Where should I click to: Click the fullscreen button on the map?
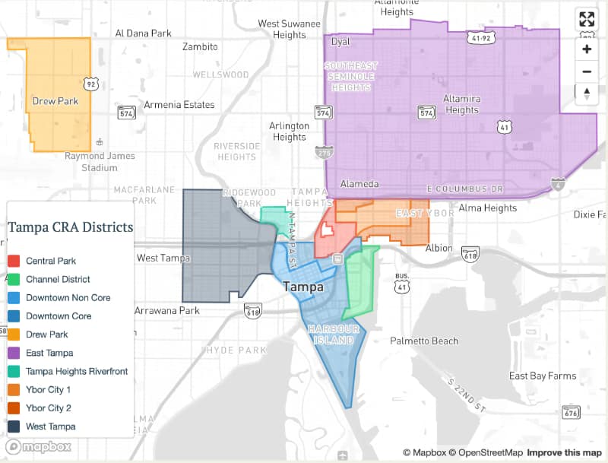(586, 20)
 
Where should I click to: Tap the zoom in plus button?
(586, 49)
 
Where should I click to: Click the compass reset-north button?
(586, 94)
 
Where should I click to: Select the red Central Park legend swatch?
(14, 261)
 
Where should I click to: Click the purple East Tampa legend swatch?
(14, 353)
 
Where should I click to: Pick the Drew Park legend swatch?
(14, 335)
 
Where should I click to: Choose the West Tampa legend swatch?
(14, 427)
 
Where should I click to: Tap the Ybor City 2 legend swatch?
(14, 408)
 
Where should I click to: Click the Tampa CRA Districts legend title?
(70, 227)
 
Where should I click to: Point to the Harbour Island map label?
(331, 335)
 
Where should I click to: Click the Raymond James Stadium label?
(100, 161)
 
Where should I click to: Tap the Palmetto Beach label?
(424, 341)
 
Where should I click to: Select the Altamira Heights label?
(462, 105)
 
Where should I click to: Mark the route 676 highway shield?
(572, 412)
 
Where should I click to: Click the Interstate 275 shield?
(323, 153)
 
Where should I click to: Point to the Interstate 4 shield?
(558, 183)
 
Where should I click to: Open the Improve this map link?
(564, 453)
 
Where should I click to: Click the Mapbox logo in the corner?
(39, 447)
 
